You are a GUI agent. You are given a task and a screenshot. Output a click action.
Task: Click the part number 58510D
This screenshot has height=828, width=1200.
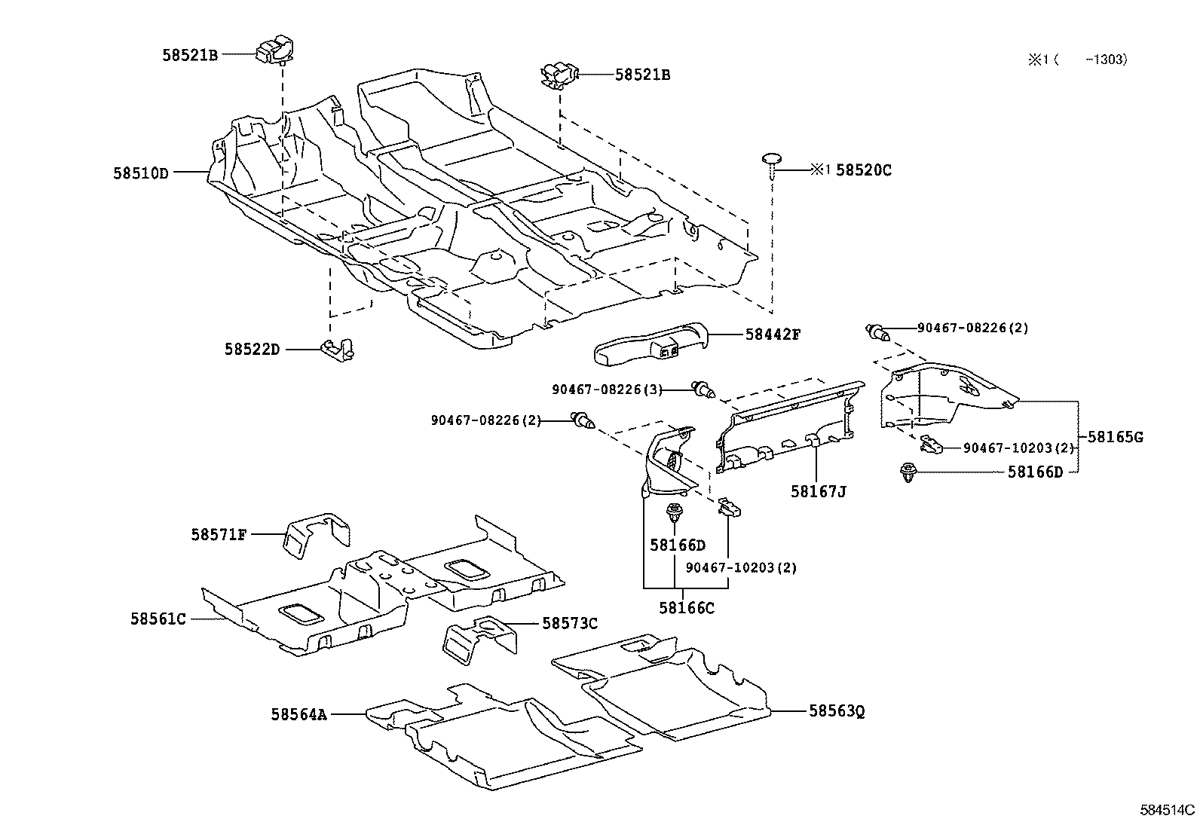[140, 173]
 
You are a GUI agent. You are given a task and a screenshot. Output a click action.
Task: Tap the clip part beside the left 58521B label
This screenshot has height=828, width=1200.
[275, 50]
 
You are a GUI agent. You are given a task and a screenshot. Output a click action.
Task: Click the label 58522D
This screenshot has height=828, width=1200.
[251, 350]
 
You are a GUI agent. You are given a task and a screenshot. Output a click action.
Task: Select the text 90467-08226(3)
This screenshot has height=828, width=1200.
[607, 390]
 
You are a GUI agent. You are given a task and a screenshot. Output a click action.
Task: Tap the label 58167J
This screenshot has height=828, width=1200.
[818, 492]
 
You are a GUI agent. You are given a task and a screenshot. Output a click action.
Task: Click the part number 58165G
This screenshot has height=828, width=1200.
[1115, 437]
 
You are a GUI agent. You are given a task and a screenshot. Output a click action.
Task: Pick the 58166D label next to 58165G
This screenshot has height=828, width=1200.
[1035, 472]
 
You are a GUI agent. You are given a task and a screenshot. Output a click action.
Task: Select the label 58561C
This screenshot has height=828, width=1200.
[158, 619]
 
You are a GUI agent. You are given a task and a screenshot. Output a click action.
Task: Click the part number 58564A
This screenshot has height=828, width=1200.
[298, 713]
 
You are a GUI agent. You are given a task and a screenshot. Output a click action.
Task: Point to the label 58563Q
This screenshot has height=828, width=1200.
[837, 710]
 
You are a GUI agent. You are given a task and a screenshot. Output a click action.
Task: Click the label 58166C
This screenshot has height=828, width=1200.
[686, 607]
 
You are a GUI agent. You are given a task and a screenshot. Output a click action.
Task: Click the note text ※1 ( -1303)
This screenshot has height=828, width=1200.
[1078, 60]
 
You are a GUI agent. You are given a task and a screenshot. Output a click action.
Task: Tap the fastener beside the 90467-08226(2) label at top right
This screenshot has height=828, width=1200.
[877, 330]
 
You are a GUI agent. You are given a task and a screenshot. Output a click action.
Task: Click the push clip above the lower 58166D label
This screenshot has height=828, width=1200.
[673, 515]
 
